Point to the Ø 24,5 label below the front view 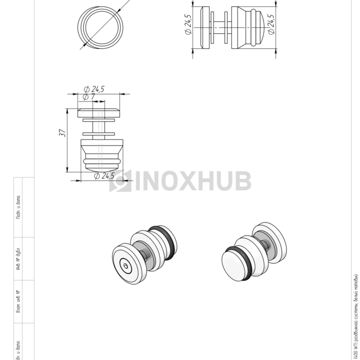click(x=104, y=176)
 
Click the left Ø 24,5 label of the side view click(x=188, y=25)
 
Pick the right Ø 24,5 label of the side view click(x=271, y=25)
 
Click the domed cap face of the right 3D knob click(x=234, y=267)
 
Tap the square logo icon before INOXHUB click(x=120, y=182)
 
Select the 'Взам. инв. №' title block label click(x=18, y=301)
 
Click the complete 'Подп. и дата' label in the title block click(x=18, y=207)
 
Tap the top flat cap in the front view click(x=100, y=112)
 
